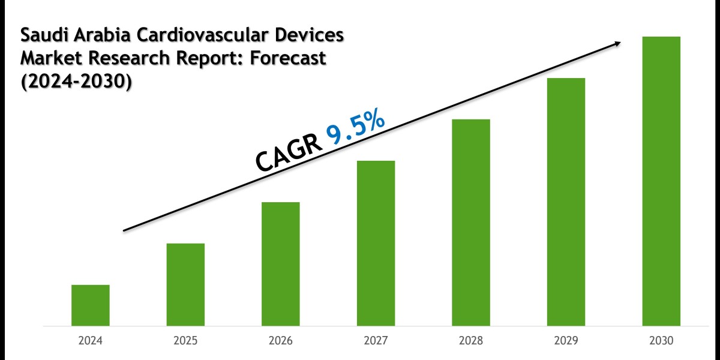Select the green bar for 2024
(x=91, y=305)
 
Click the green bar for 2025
(x=185, y=284)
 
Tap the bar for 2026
(x=281, y=264)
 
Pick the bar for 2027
(x=376, y=243)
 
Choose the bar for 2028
(x=471, y=223)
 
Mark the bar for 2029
(x=566, y=202)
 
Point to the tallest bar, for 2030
(x=661, y=181)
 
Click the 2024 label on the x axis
(x=91, y=340)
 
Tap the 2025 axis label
(x=185, y=340)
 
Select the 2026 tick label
(x=281, y=340)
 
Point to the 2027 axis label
(x=376, y=340)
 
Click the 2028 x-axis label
(x=471, y=340)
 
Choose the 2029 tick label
(x=566, y=340)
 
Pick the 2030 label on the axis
(x=661, y=340)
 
